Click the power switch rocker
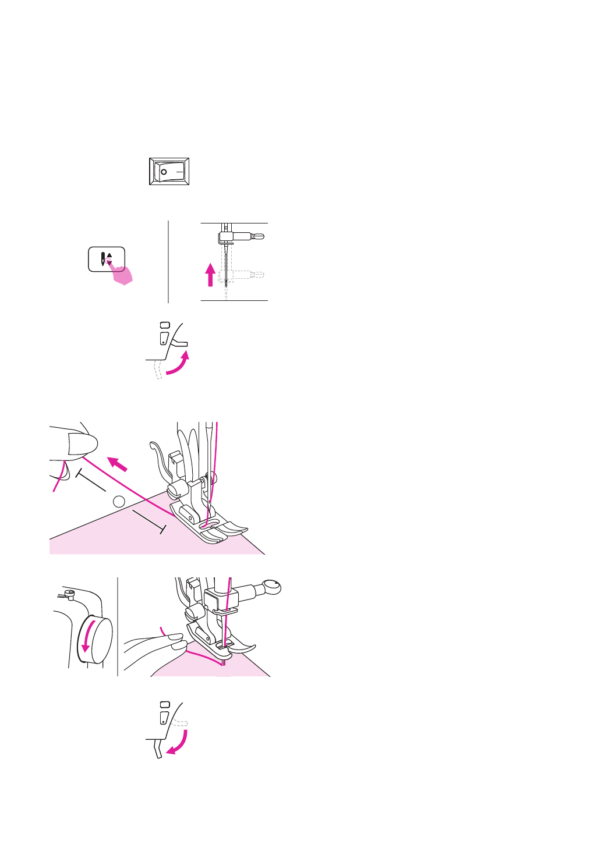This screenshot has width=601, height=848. (x=169, y=172)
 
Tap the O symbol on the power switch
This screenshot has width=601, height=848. (x=164, y=172)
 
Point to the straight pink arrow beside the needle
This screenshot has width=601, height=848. (x=211, y=274)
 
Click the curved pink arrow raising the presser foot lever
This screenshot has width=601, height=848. (x=179, y=364)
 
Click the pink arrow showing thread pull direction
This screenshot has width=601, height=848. (x=118, y=464)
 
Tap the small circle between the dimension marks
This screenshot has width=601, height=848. (x=119, y=501)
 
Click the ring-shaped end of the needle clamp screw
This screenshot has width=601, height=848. (x=271, y=587)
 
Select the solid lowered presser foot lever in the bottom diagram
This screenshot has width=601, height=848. (x=157, y=748)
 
